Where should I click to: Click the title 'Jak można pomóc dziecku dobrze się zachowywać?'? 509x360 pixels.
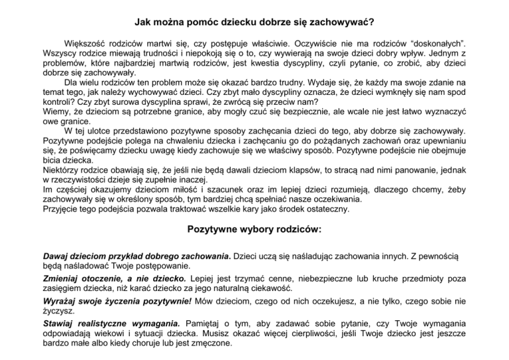[x=254, y=22]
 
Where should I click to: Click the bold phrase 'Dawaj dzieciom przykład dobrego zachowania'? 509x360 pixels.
[x=136, y=255]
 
